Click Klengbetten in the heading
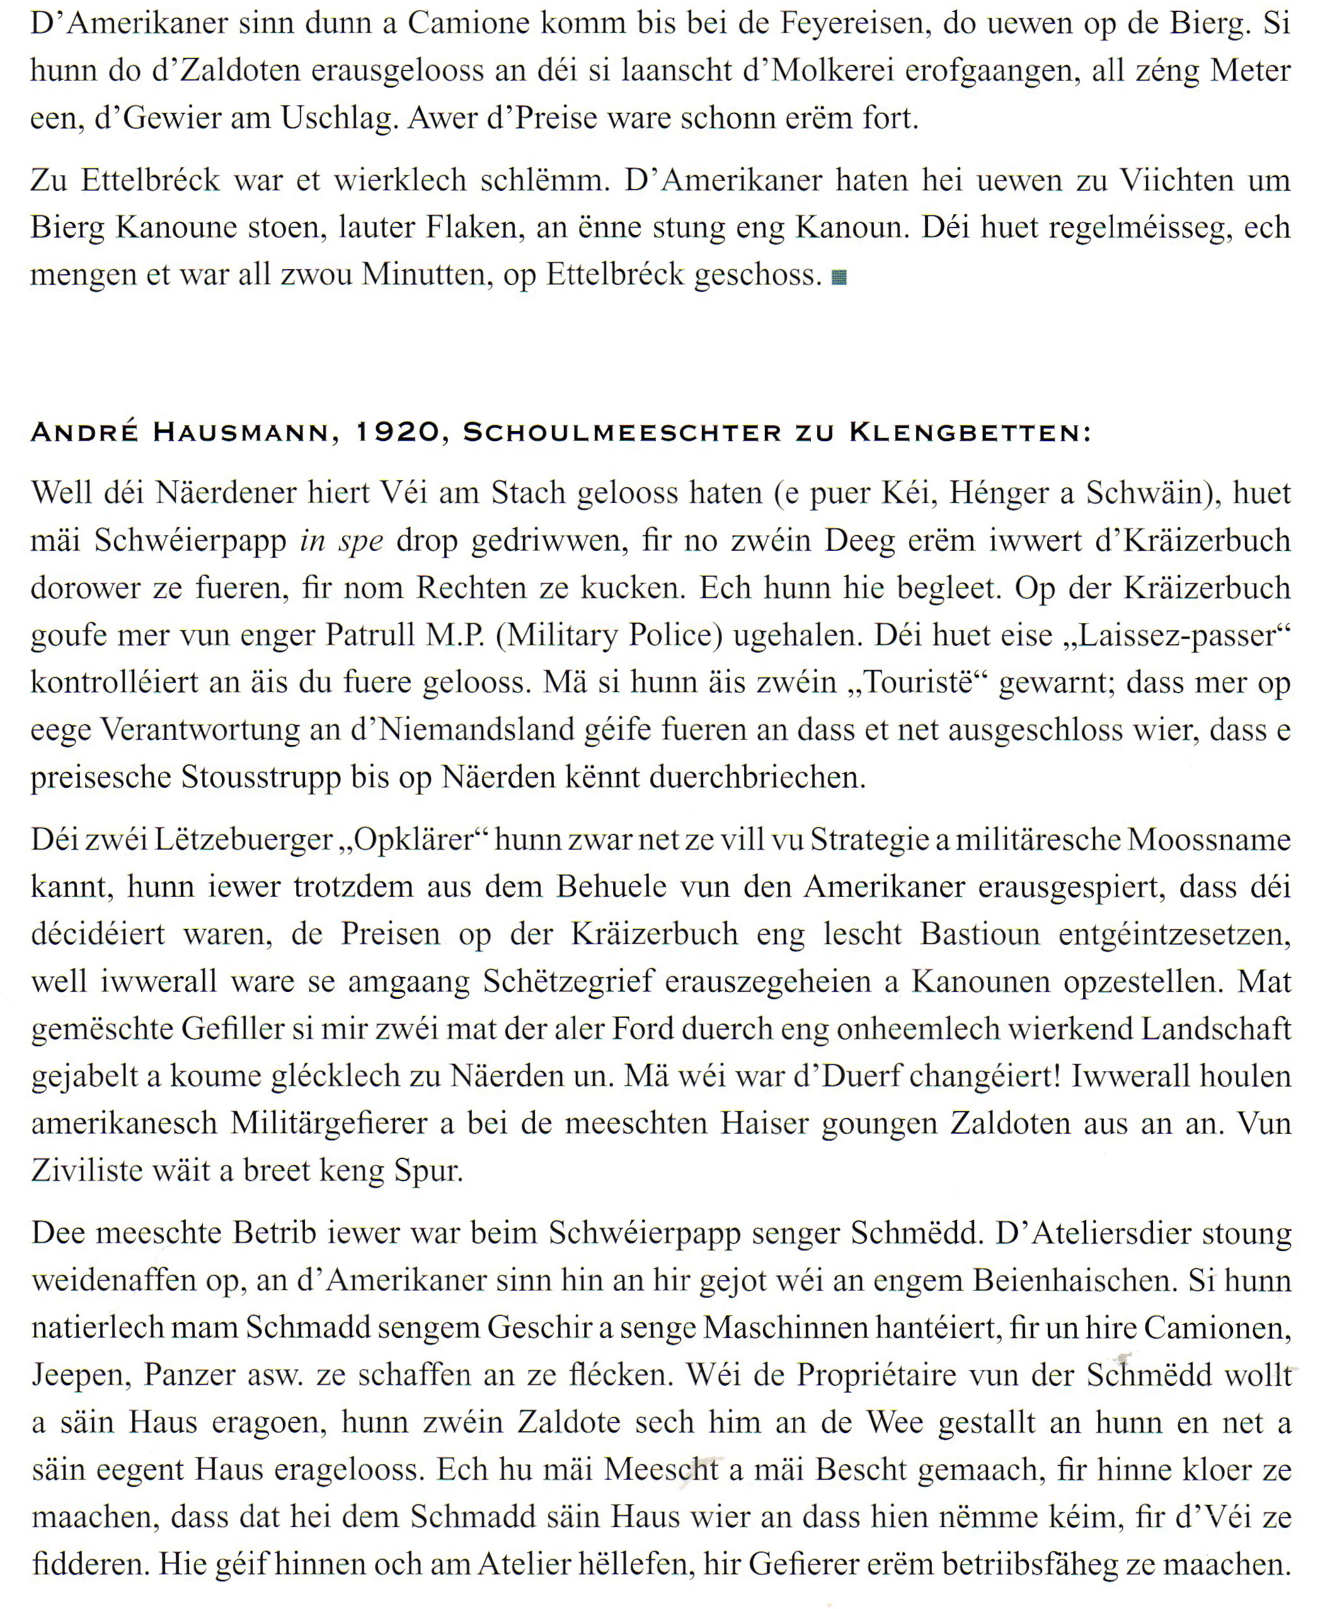[x=969, y=433]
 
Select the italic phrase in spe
[x=341, y=540]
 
